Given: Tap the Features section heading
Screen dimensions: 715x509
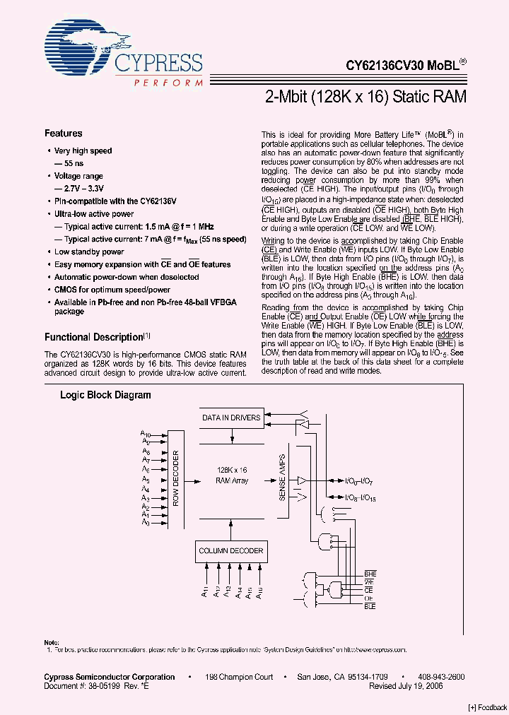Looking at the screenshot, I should pyautogui.click(x=63, y=134).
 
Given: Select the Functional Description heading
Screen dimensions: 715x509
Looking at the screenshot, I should pyautogui.click(x=94, y=338).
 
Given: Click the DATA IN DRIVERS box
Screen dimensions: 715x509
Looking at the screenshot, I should pyautogui.click(x=231, y=418).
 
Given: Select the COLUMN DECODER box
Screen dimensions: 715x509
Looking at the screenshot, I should pyautogui.click(x=230, y=550).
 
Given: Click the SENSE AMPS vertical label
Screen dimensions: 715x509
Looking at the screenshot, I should pyautogui.click(x=282, y=478).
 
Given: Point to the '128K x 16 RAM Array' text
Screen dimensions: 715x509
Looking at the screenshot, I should pyautogui.click(x=231, y=475).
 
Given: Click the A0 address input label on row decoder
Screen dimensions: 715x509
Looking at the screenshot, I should pyautogui.click(x=146, y=523).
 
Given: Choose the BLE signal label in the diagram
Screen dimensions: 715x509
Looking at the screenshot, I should pyautogui.click(x=370, y=607).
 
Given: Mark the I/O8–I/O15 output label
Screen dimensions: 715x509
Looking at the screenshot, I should pyautogui.click(x=360, y=497).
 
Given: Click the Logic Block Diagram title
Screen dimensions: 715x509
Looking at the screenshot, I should pyautogui.click(x=105, y=396).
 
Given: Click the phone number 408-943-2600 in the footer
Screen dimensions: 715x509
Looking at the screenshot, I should pyautogui.click(x=440, y=677).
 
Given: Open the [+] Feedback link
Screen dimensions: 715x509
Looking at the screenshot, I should pyautogui.click(x=487, y=707).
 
